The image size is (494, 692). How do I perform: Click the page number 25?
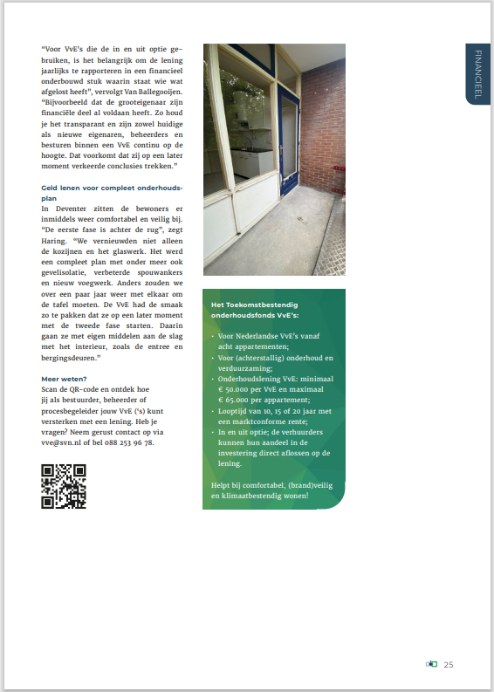(449, 665)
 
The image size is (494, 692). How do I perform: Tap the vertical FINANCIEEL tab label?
(478, 73)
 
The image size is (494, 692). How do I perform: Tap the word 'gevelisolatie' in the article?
(67, 271)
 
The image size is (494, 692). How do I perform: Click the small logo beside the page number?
(431, 665)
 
